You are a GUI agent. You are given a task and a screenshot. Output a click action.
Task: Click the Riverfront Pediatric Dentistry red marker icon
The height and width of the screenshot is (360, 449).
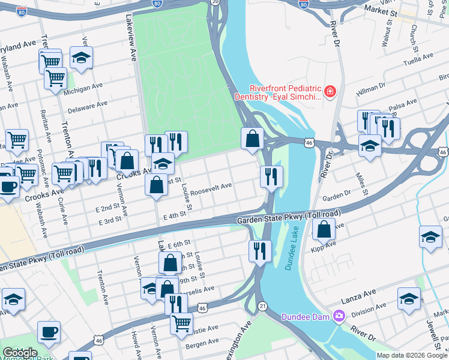330,92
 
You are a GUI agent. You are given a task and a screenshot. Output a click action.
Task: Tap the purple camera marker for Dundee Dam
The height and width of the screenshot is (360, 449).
340,316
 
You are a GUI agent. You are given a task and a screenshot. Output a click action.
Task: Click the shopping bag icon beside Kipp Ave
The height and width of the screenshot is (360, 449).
324,229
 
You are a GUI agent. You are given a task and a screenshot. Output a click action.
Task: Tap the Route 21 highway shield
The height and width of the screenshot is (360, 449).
263,306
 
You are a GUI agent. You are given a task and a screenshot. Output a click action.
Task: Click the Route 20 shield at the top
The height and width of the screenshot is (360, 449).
215,2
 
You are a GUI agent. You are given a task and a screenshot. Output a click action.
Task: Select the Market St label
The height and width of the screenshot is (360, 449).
382,11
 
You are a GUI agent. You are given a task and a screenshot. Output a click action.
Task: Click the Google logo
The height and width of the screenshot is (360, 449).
19,353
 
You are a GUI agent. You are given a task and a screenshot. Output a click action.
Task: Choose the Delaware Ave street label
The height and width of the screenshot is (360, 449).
86,107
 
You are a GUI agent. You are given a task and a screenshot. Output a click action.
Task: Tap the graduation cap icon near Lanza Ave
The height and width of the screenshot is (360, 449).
409,299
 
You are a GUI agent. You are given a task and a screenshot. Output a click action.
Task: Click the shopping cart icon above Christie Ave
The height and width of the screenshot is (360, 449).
181,323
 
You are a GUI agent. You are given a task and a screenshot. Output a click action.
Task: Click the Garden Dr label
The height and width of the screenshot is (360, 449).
336,197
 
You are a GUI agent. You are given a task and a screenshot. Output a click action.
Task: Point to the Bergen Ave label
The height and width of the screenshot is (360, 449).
202,343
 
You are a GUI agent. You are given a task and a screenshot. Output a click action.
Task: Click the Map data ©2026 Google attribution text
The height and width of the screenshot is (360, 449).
412,355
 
